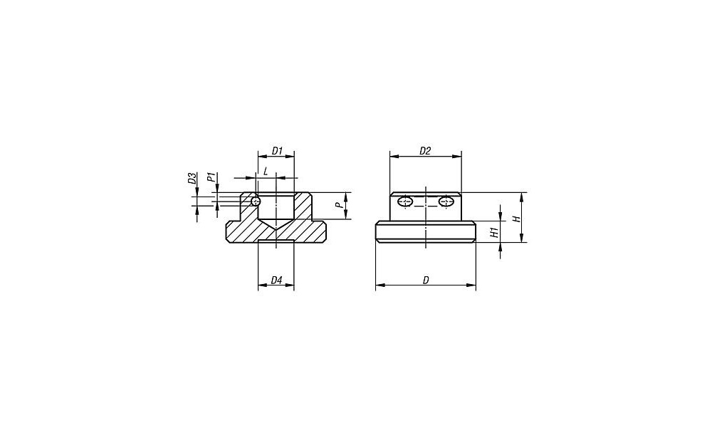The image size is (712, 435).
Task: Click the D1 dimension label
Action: click(x=277, y=150)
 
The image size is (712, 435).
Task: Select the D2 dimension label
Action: click(x=424, y=151)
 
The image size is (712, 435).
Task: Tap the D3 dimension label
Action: click(x=192, y=178)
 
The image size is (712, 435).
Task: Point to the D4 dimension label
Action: click(x=276, y=281)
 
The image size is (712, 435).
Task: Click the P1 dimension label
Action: click(x=211, y=177)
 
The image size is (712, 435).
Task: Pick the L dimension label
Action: click(x=266, y=172)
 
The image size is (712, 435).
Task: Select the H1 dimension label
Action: click(x=495, y=233)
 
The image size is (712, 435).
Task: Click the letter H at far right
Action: click(x=515, y=219)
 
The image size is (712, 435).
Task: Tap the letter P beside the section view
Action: click(x=338, y=205)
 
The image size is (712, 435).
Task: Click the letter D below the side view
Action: click(x=426, y=281)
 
